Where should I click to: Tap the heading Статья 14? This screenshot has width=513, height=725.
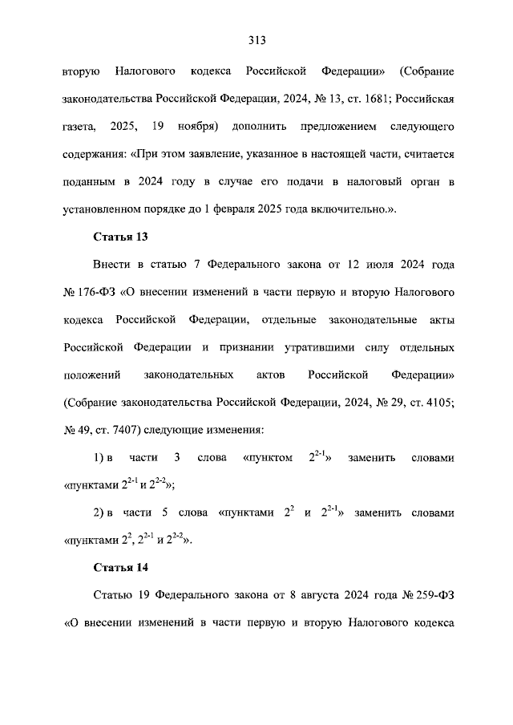[x=122, y=568]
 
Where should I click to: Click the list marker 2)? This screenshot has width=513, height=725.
[x=100, y=512]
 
